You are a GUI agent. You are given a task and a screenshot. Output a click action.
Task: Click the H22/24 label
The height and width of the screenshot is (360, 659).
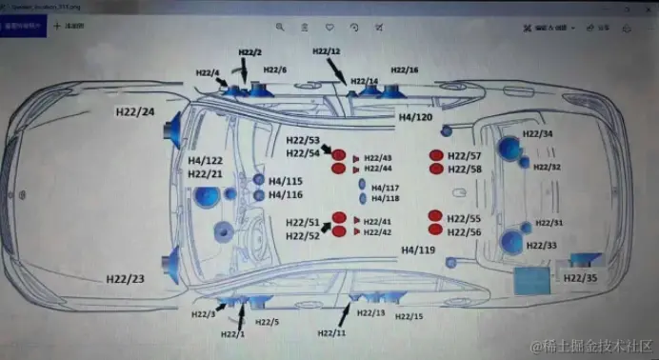pyautogui.click(x=135, y=112)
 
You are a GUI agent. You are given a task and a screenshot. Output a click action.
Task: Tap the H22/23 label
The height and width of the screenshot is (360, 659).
pyautogui.click(x=125, y=279)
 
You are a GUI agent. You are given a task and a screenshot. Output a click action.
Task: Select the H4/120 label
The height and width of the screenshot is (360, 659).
pyautogui.click(x=415, y=116)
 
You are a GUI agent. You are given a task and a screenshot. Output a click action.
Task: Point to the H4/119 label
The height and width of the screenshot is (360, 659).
pyautogui.click(x=417, y=250)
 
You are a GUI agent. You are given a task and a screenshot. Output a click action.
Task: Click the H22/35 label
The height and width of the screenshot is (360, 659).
pyautogui.click(x=580, y=278)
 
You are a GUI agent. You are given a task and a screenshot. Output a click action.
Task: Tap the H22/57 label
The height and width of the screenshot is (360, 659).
pyautogui.click(x=464, y=155)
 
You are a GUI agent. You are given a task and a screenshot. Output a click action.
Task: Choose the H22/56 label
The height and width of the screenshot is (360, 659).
pyautogui.click(x=464, y=232)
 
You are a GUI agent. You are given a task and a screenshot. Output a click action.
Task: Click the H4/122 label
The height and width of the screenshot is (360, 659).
pyautogui.click(x=206, y=161)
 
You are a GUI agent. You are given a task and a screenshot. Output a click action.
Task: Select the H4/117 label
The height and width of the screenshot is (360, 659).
pyautogui.click(x=385, y=188)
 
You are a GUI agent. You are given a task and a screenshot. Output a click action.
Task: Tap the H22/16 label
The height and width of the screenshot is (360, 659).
pyautogui.click(x=405, y=70)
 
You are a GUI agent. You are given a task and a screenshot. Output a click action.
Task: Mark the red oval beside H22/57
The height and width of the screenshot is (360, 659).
pyautogui.click(x=436, y=155)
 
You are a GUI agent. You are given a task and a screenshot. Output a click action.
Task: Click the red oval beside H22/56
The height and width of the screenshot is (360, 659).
pyautogui.click(x=436, y=230)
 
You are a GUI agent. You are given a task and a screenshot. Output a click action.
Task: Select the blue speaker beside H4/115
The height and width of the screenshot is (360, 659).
pyautogui.click(x=258, y=180)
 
